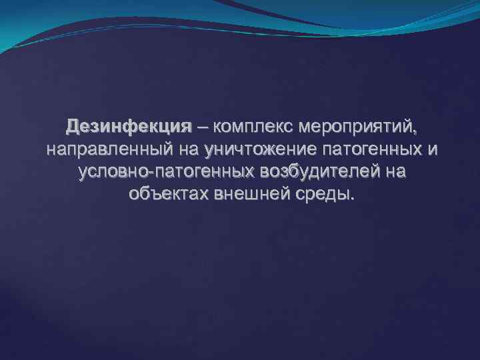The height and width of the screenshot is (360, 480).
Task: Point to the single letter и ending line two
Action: (433, 149)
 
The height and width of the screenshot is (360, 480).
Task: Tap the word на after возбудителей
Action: (395, 172)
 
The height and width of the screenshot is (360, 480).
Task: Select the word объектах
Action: (165, 195)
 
